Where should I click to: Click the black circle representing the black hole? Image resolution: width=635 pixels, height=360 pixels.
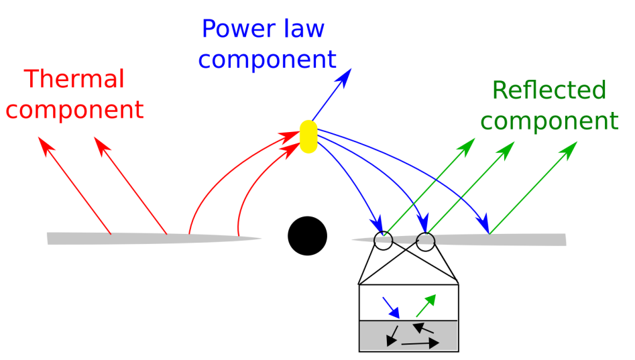307,236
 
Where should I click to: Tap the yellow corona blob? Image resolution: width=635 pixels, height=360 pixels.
308,136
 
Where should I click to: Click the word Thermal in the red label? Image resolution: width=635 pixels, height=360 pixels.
74,79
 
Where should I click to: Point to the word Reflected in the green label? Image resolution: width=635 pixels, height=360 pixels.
549,90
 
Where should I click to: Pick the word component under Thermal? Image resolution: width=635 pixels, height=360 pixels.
74,109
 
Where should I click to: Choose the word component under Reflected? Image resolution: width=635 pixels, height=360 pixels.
549,121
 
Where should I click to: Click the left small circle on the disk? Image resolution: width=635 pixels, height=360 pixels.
383,241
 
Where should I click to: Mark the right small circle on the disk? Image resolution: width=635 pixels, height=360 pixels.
425,241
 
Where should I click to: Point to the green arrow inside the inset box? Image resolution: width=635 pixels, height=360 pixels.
426,305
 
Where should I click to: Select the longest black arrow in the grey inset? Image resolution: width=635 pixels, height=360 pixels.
420,343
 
